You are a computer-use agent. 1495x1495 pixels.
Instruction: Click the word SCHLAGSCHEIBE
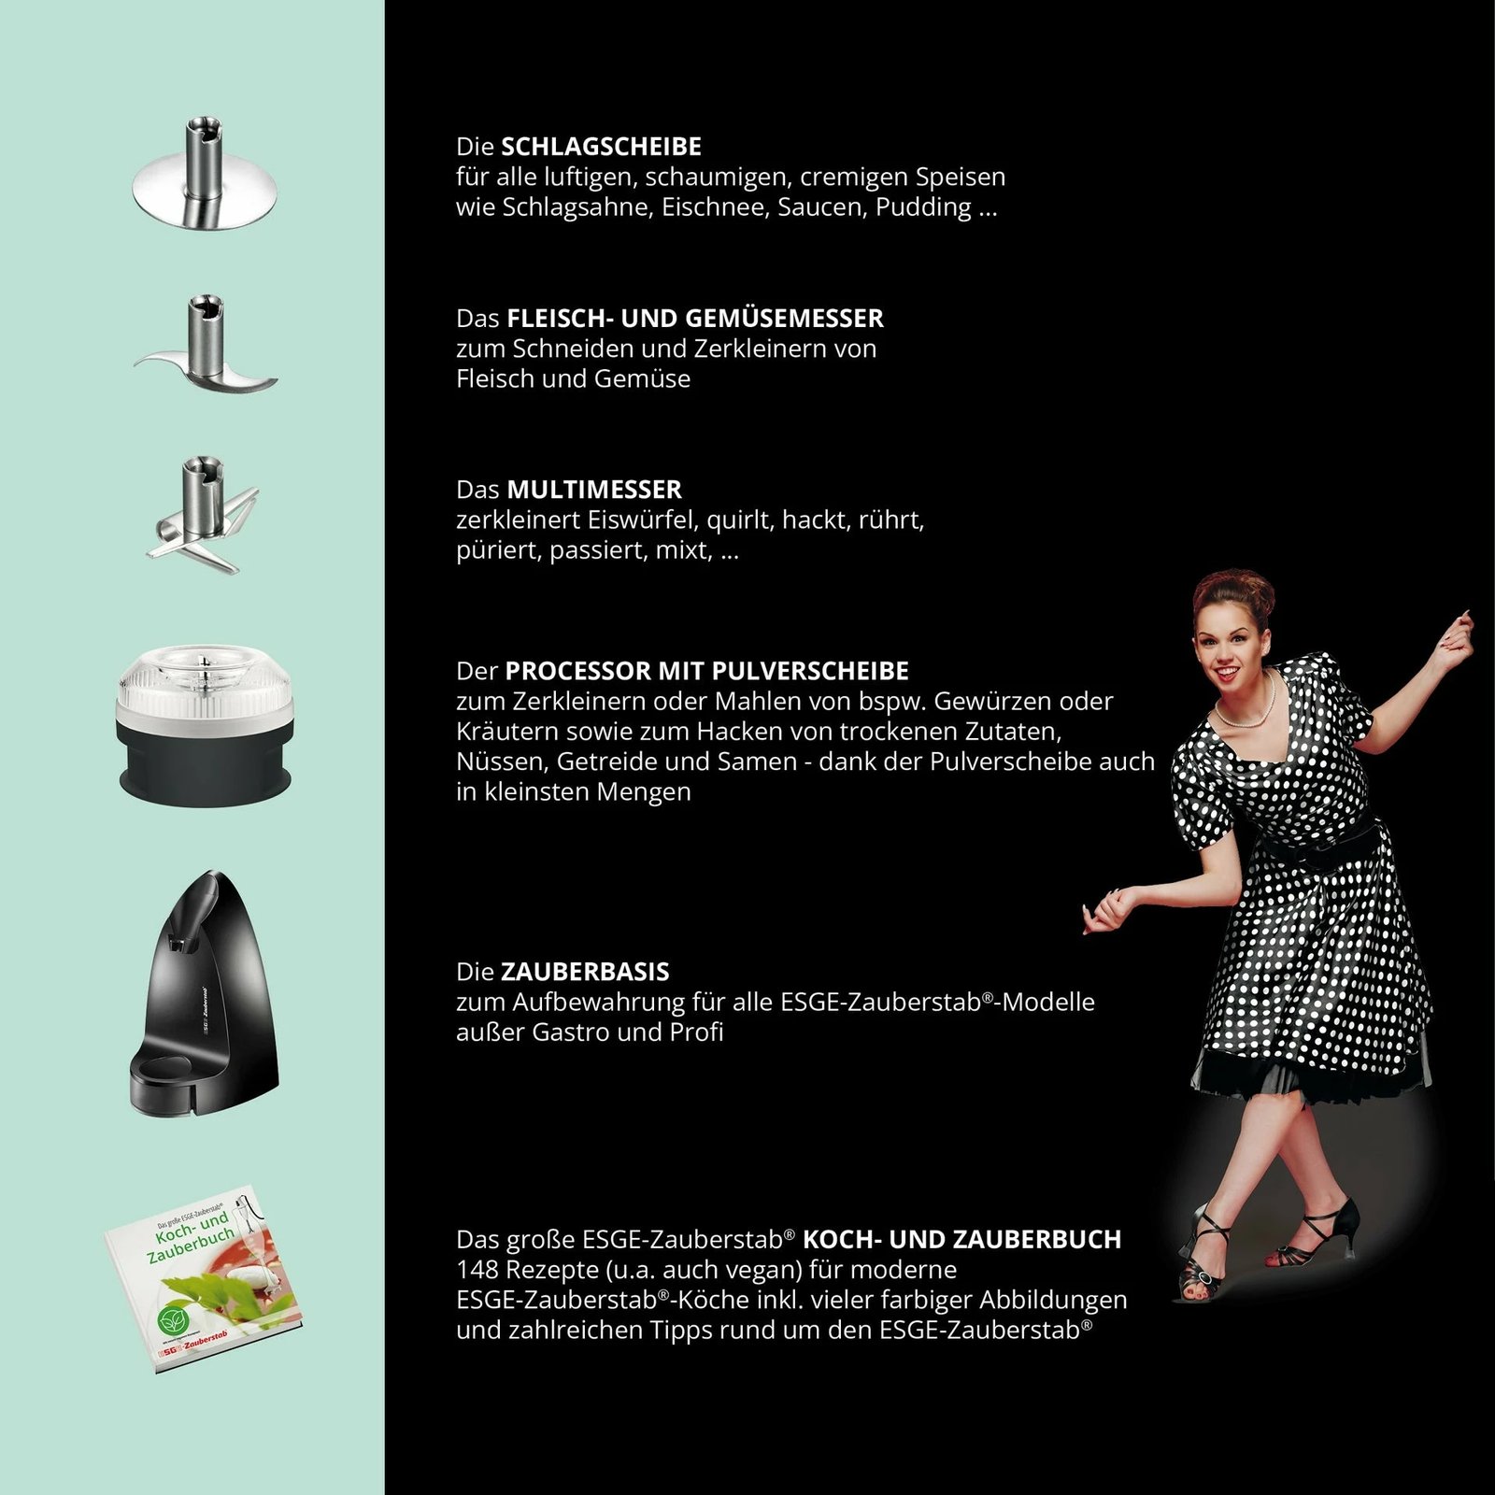click(601, 147)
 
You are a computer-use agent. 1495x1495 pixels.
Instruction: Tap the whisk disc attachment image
click(206, 178)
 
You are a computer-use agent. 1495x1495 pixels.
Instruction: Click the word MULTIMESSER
click(593, 490)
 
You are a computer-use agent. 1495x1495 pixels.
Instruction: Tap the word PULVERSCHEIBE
click(810, 671)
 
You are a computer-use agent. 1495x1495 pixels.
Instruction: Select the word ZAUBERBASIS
click(585, 972)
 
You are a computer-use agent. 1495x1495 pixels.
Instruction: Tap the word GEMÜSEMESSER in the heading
click(785, 319)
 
